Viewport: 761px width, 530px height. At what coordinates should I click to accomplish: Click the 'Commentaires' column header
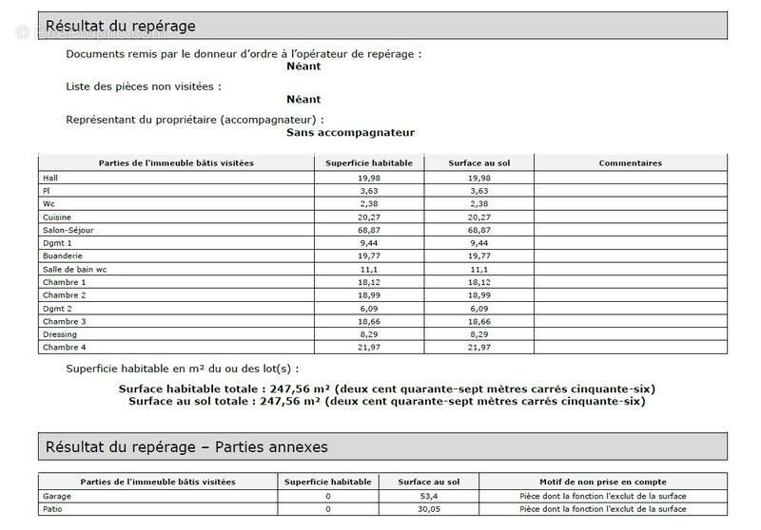point(630,163)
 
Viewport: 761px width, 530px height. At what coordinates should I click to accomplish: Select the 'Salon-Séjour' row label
point(68,230)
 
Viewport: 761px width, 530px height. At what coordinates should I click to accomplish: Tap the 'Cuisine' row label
point(58,217)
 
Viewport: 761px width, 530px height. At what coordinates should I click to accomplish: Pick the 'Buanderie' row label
point(63,256)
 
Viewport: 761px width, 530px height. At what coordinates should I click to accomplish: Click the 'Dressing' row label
point(60,334)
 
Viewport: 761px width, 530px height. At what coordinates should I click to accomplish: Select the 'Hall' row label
point(50,178)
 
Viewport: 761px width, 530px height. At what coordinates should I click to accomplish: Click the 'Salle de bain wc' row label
point(74,270)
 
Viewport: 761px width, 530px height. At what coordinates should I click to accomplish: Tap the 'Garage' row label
point(57,496)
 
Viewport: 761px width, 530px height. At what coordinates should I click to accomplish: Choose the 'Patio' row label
point(53,510)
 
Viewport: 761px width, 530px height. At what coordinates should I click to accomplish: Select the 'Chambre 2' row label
point(65,295)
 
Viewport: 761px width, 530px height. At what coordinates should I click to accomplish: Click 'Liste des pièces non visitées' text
point(143,86)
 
